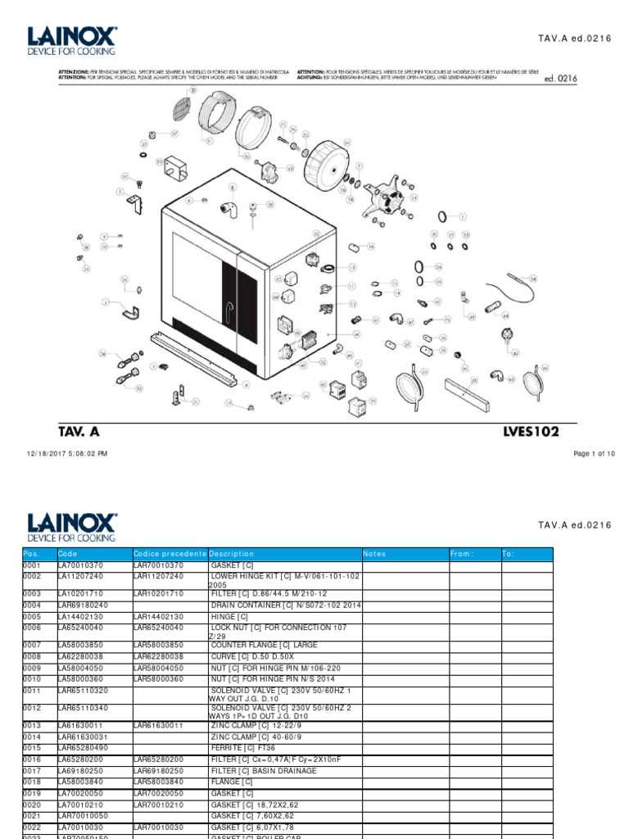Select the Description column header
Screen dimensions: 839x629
(x=232, y=554)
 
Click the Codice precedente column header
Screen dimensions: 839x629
(x=170, y=554)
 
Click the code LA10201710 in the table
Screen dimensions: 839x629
(x=80, y=592)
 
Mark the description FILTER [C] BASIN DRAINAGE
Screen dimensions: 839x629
(x=263, y=771)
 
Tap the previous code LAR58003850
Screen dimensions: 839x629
(x=161, y=645)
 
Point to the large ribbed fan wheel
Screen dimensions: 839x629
(x=326, y=164)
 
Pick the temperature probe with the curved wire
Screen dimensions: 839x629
(x=515, y=288)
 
